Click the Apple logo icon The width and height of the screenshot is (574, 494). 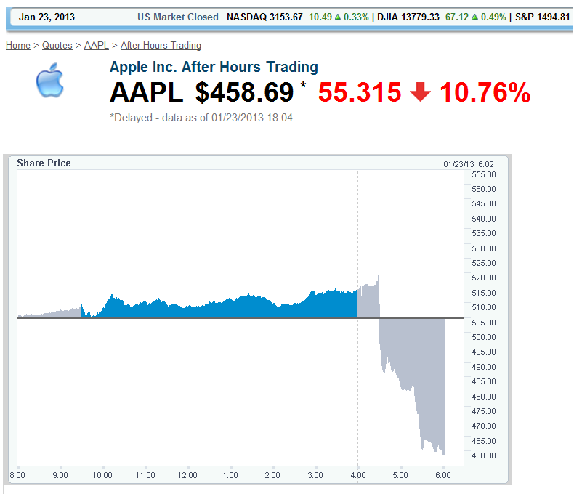(50, 81)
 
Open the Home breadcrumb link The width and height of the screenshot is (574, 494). (18, 45)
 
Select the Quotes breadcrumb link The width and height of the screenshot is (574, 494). (57, 45)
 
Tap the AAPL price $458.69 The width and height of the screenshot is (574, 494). (244, 93)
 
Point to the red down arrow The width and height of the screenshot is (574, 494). (420, 93)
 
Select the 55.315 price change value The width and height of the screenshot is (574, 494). (360, 93)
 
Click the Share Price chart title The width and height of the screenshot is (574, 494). (44, 163)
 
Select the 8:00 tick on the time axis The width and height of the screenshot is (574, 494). (17, 475)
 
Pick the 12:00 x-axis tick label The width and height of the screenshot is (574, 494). (187, 475)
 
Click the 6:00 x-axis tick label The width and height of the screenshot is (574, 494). (442, 475)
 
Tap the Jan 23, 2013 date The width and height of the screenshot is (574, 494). (47, 17)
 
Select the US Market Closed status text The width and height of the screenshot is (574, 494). (177, 17)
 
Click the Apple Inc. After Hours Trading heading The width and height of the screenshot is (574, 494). (214, 67)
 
